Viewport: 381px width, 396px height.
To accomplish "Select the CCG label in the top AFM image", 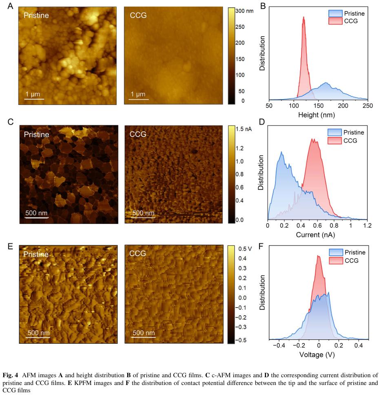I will (x=138, y=16).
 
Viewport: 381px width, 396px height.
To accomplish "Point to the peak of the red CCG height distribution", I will (x=303, y=18).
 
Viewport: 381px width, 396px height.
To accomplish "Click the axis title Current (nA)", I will (x=318, y=235).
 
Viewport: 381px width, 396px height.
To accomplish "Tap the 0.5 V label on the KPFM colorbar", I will (x=245, y=249).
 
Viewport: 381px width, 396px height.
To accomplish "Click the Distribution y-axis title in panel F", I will (x=263, y=293).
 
